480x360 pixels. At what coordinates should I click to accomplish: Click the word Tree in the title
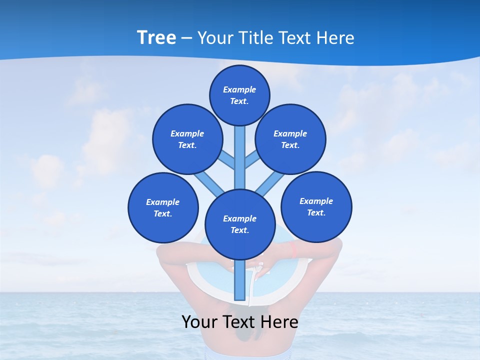point(156,37)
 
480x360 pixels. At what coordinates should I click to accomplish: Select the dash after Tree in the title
point(186,38)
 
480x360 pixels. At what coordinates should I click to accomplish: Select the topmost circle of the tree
point(239,95)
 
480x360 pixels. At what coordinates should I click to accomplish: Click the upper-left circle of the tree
point(187,139)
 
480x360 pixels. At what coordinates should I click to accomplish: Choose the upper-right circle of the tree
point(290,139)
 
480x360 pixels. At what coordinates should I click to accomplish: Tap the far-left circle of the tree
point(163,207)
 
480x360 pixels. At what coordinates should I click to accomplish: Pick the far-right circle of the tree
point(316,206)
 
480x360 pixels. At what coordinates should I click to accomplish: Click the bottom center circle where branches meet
point(240,224)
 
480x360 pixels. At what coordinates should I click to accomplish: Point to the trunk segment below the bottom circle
point(240,280)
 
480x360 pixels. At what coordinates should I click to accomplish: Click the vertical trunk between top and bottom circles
point(240,157)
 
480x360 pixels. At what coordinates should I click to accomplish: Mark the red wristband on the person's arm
point(294,249)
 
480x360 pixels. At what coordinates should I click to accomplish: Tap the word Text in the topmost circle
point(239,101)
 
